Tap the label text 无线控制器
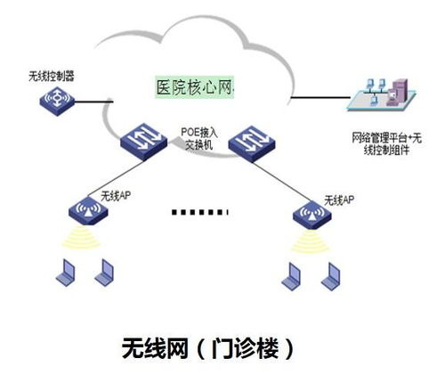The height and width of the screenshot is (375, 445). (52, 77)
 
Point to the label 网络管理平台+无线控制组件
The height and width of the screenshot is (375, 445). (385, 144)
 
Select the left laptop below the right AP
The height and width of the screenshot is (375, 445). (291, 276)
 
